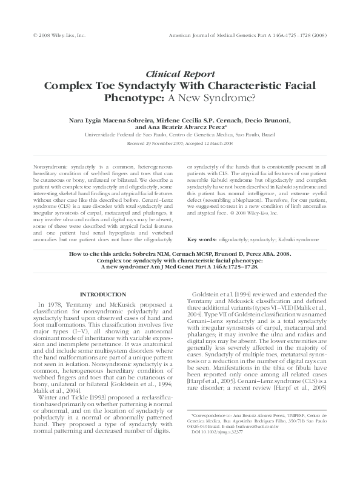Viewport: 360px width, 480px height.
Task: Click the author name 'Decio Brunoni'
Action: [266, 120]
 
